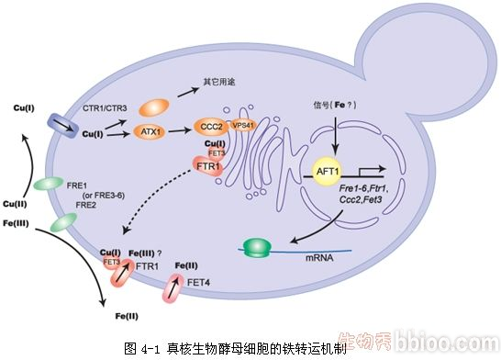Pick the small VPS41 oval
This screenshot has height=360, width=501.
(x=243, y=125)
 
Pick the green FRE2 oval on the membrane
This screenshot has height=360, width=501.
(x=62, y=221)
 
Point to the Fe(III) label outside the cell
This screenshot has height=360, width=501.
(x=16, y=220)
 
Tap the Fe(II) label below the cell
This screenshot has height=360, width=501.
(x=127, y=316)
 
